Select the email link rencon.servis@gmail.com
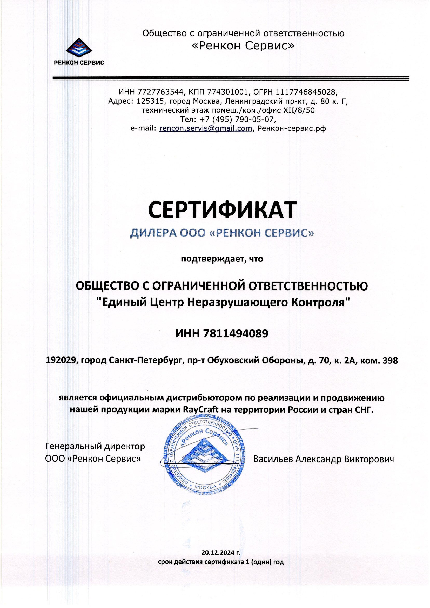pyautogui.click(x=205, y=129)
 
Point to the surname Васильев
pyautogui.click(x=272, y=459)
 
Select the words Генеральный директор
pyautogui.click(x=95, y=446)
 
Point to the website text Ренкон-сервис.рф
pyautogui.click(x=292, y=129)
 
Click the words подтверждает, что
pyautogui.click(x=222, y=259)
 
